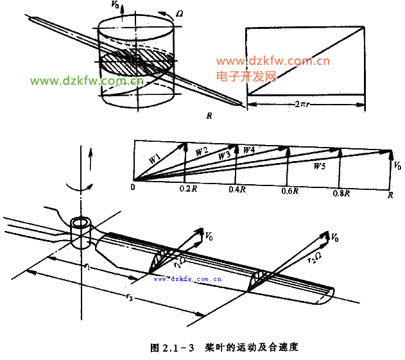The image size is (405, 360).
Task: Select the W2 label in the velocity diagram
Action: pos(202,151)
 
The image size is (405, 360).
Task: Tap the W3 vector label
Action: pos(224,155)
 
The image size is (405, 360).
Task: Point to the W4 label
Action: pos(250,150)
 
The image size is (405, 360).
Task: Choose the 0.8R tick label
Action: pos(341,193)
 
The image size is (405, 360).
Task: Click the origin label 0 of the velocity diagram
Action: pos(132,187)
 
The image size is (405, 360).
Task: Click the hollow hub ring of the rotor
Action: pos(82,225)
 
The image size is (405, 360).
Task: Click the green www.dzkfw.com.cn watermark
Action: pos(88,81)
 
